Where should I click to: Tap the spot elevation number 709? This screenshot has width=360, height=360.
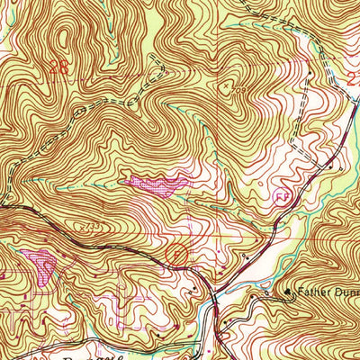241,91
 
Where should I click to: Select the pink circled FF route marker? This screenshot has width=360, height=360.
282,194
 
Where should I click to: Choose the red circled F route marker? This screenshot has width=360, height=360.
178,256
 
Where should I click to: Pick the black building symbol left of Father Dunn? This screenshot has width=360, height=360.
289,292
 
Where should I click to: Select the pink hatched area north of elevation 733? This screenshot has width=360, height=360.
157,184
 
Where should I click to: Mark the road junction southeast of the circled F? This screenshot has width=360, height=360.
212,290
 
